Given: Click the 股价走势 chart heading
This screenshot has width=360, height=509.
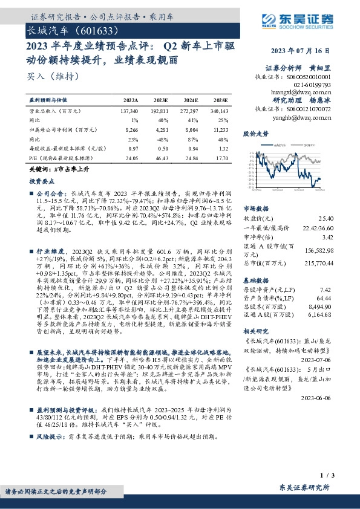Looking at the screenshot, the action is coord(254,132).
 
